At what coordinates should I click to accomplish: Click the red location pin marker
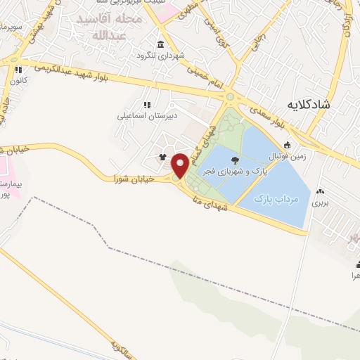[x=181, y=165]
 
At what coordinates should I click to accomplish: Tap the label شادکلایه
[x=311, y=104]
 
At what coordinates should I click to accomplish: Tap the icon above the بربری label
[x=321, y=191]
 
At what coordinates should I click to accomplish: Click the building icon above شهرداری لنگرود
[x=162, y=44]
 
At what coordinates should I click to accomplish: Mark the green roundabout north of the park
[x=229, y=96]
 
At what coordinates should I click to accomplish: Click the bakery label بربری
[x=321, y=202]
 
